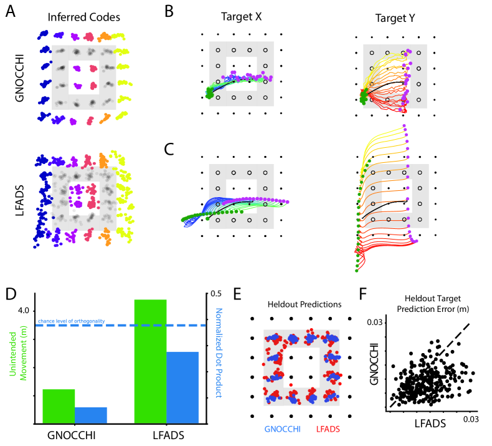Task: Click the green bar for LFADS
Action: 150,362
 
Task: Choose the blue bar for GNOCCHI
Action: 90,415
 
